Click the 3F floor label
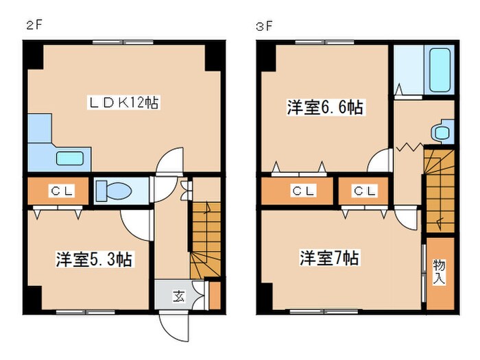pyautogui.click(x=263, y=27)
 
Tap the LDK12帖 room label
pyautogui.click(x=123, y=104)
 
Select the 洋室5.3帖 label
pyautogui.click(x=94, y=259)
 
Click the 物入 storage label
pyautogui.click(x=438, y=272)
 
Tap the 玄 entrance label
pyautogui.click(x=178, y=296)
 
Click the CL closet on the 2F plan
pyautogui.click(x=58, y=191)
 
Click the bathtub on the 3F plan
pyautogui.click(x=437, y=71)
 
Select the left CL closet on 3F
pyautogui.click(x=298, y=191)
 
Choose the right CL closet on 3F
pyautogui.click(x=363, y=191)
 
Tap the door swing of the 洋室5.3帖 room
pyautogui.click(x=136, y=222)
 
